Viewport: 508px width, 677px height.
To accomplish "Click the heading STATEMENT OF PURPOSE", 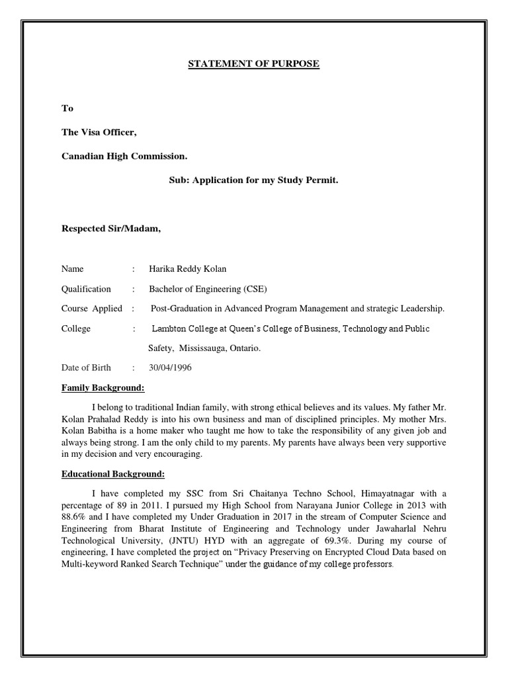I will (x=253, y=63).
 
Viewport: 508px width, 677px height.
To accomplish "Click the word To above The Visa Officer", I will (x=67, y=108).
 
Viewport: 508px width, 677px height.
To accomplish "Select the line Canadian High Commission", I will (x=124, y=156).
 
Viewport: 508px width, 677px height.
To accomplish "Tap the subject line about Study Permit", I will (x=253, y=179).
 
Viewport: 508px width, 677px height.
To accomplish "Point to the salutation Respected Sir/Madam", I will (x=111, y=229).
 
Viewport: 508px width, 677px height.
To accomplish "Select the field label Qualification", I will (x=86, y=289).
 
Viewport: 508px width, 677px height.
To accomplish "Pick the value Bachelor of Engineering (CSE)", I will (x=208, y=289).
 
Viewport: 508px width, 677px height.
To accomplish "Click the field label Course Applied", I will (x=91, y=308).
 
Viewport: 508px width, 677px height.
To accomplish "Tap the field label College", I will (x=76, y=329).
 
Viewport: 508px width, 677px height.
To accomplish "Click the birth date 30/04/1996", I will (x=170, y=368).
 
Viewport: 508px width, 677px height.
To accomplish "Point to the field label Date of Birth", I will (x=86, y=368).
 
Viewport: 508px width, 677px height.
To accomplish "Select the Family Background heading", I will (x=103, y=387).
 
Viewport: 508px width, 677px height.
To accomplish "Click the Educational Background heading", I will (x=113, y=474).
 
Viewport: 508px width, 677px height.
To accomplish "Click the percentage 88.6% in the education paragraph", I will (x=74, y=516).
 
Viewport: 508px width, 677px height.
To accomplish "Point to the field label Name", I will (x=73, y=268).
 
